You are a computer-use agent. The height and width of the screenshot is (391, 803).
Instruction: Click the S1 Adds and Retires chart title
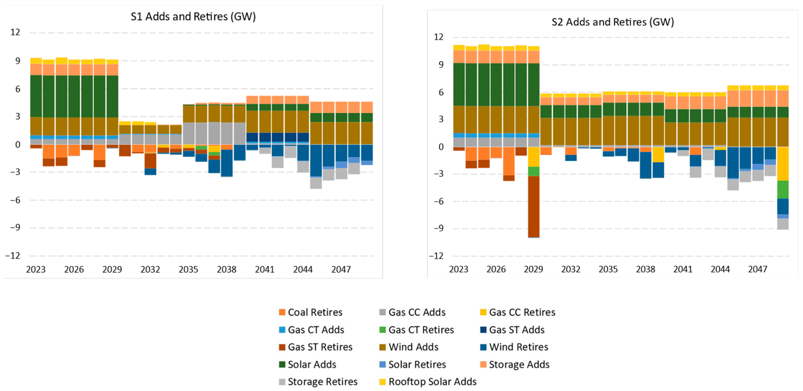(193, 17)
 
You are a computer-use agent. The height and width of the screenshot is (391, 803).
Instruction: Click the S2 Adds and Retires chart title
(613, 22)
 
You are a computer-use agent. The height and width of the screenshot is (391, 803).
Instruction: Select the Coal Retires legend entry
(311, 312)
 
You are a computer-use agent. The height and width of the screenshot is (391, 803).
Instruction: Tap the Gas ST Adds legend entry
(513, 330)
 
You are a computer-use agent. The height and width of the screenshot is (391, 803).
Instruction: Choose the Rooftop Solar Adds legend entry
(428, 382)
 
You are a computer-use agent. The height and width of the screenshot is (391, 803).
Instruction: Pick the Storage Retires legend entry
(318, 382)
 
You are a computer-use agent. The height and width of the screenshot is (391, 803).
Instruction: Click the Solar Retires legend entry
(413, 365)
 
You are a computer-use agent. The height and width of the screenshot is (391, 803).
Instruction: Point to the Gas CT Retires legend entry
(416, 330)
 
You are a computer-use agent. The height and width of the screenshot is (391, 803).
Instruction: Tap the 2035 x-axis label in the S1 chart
(188, 269)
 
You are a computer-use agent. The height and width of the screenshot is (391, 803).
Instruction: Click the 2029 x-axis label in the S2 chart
(533, 269)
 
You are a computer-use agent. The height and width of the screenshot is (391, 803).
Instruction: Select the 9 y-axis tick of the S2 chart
(441, 65)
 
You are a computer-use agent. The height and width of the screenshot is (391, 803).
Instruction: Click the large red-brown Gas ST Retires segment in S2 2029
(534, 207)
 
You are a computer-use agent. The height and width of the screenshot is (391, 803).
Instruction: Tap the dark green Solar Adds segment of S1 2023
(36, 96)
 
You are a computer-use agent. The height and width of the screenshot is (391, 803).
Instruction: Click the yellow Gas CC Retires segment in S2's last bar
(783, 164)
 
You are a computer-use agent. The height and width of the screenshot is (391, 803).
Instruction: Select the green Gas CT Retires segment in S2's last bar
(783, 189)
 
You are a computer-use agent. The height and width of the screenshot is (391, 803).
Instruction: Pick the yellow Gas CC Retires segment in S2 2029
(534, 157)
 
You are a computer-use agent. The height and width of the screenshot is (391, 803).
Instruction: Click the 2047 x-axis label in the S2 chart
(757, 269)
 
